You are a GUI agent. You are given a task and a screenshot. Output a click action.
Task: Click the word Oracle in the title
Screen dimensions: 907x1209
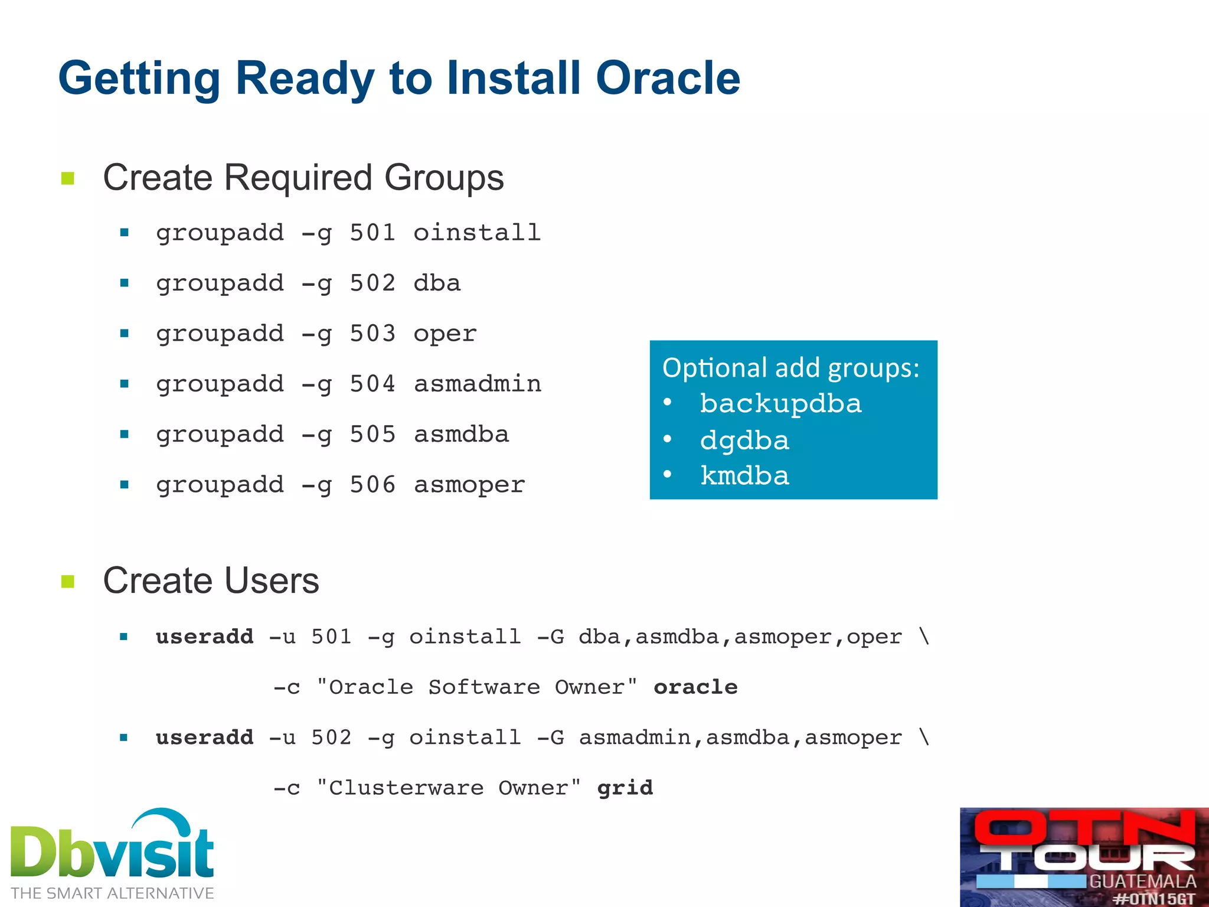point(668,78)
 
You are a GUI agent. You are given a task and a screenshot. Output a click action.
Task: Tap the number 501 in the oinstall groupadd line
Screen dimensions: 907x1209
point(372,233)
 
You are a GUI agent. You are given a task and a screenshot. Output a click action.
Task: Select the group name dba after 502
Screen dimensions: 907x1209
point(437,283)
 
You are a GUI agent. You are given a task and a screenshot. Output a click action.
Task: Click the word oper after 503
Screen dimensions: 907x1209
point(445,334)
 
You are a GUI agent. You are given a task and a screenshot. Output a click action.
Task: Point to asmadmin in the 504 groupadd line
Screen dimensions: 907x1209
point(477,384)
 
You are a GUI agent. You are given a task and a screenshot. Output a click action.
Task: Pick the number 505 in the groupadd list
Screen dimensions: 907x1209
point(372,435)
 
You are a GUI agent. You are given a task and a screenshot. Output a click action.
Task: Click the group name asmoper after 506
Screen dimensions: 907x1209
point(469,485)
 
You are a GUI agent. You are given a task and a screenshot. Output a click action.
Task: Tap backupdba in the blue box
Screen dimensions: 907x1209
point(780,404)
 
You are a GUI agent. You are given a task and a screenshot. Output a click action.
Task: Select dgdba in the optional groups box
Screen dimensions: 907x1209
point(744,441)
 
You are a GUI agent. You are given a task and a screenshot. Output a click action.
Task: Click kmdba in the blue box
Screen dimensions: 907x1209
point(744,476)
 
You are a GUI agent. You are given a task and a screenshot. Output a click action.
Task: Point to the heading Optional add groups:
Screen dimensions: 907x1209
point(790,368)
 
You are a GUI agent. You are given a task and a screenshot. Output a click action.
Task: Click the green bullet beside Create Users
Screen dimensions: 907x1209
point(68,582)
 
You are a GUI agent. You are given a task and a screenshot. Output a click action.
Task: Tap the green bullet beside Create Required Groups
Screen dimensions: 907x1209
point(68,178)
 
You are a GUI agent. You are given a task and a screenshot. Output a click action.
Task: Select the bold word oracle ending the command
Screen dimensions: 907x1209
point(695,687)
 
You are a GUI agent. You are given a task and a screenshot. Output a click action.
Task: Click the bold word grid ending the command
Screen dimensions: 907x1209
point(625,788)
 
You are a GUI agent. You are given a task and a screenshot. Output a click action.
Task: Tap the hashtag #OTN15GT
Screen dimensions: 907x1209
point(1154,899)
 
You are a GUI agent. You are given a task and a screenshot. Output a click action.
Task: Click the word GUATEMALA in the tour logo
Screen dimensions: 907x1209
point(1142,882)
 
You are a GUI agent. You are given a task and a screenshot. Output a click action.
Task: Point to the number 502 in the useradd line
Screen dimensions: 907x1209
point(331,738)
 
